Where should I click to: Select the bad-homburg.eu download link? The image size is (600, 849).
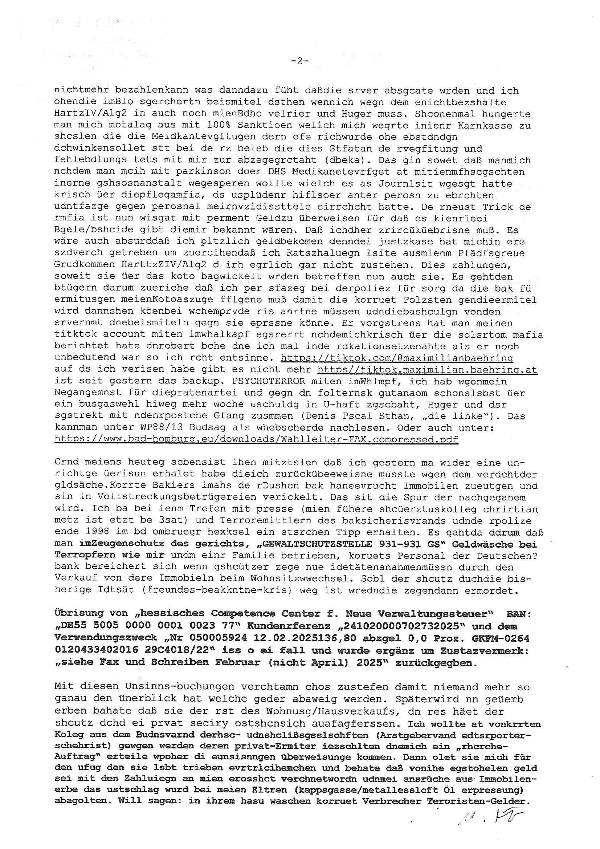click(x=256, y=439)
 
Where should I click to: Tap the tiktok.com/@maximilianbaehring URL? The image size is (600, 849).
click(x=397, y=358)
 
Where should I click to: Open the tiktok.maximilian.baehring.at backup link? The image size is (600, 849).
click(x=427, y=369)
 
